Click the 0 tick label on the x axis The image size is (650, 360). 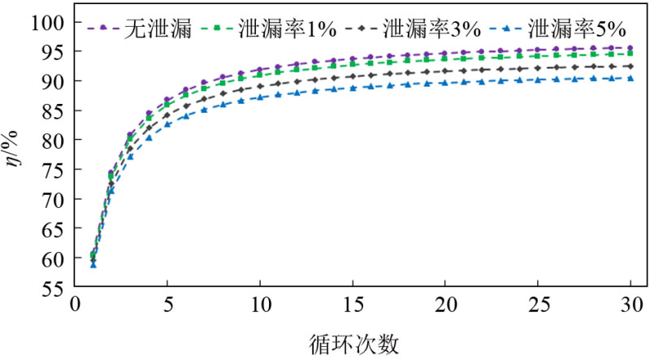point(75,307)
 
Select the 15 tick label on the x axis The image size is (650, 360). point(353,307)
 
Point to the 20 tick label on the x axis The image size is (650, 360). point(445,307)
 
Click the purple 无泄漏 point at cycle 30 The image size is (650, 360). point(630,48)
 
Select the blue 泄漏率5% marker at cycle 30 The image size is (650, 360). point(630,78)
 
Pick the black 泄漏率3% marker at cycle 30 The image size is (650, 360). point(630,67)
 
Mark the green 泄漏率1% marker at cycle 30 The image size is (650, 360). point(630,54)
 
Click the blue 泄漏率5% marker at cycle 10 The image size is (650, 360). point(260,98)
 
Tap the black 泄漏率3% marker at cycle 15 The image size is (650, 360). point(353,76)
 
